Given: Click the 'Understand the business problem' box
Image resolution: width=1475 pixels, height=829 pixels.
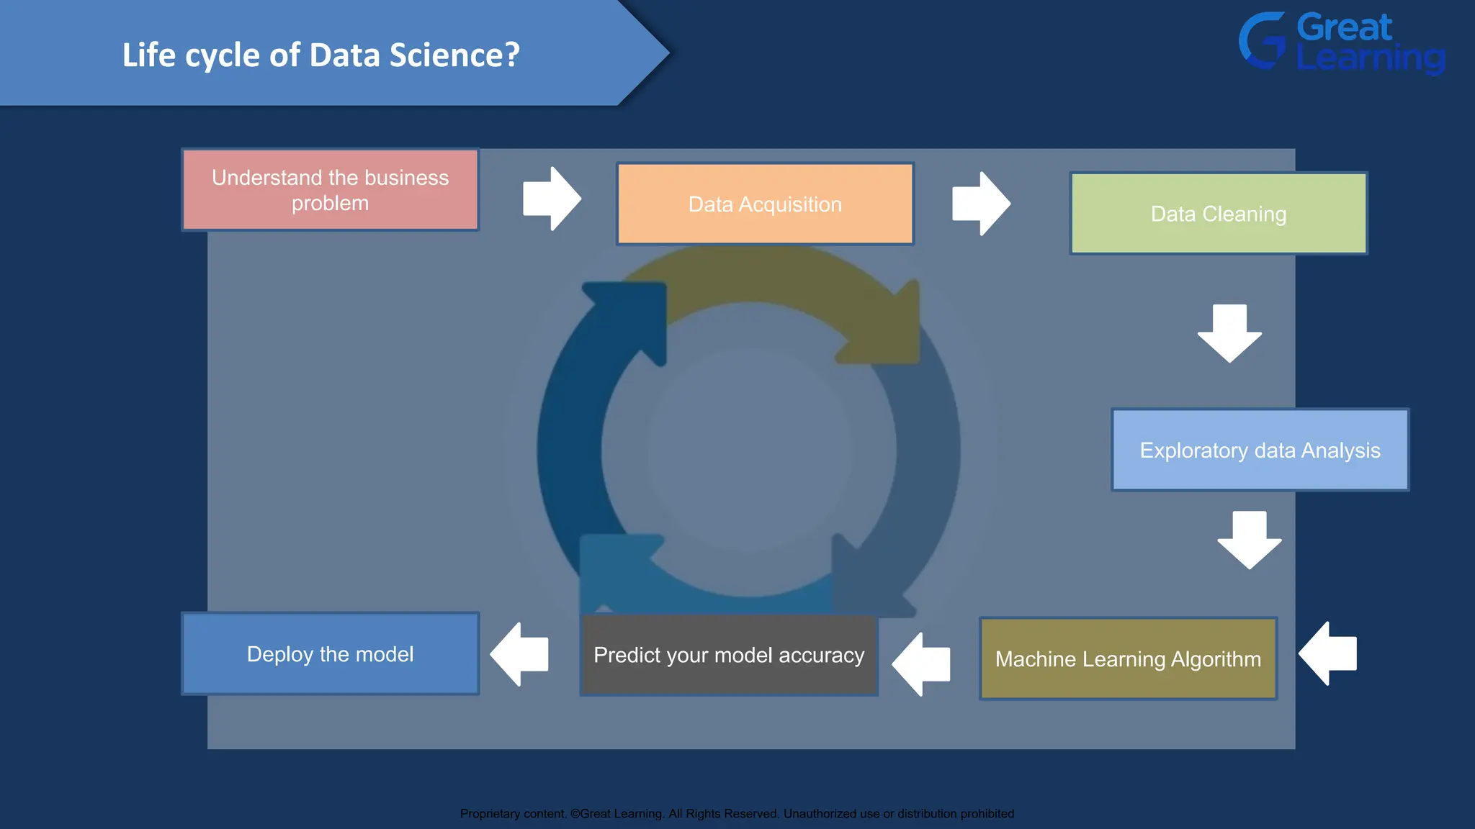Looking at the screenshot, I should [x=330, y=190].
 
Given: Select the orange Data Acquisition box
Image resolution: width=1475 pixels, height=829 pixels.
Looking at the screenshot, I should [x=765, y=204].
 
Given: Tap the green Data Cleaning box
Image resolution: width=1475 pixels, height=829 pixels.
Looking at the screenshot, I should [x=1219, y=214].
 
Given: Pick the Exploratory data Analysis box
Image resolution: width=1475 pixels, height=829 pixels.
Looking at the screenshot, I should [x=1260, y=450].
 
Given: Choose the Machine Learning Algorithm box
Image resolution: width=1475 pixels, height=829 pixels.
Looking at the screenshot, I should [x=1128, y=658].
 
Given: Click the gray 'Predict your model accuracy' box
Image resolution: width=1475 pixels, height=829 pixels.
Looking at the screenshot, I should [x=728, y=655].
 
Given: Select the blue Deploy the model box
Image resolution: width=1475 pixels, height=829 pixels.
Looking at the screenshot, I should [x=330, y=654].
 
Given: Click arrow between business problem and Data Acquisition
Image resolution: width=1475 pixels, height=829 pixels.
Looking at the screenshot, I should [x=551, y=199].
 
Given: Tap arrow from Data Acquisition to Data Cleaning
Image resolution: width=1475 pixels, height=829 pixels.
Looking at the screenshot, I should [x=980, y=204].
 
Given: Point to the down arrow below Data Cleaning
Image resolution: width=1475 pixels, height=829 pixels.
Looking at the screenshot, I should [x=1229, y=333].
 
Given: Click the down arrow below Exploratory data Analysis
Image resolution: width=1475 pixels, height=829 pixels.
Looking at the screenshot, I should [x=1249, y=540].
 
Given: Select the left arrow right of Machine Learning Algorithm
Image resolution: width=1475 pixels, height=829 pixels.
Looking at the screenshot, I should [x=1328, y=653].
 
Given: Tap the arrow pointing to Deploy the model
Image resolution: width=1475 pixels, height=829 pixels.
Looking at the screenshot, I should [x=519, y=654].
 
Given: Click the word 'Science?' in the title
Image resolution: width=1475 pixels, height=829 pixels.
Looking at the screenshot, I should [x=454, y=55].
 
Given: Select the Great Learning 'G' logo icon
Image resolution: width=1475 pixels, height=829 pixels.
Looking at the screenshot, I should [x=1262, y=41].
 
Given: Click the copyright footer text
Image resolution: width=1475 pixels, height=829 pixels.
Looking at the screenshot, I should [x=737, y=814].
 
